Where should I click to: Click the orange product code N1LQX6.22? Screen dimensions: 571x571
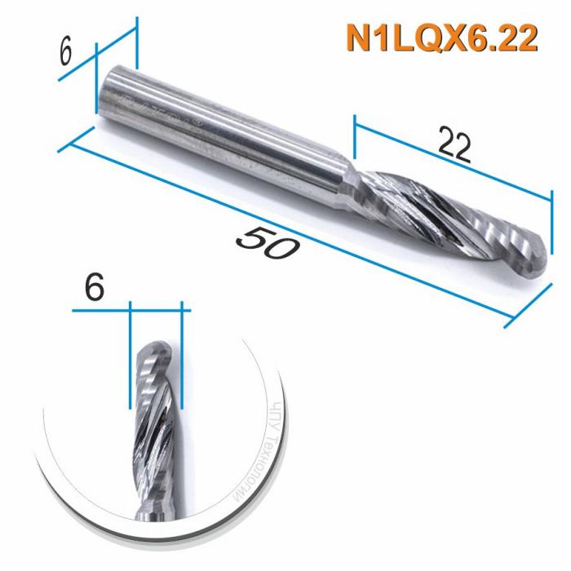point(441,38)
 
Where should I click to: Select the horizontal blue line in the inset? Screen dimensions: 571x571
point(131,310)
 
